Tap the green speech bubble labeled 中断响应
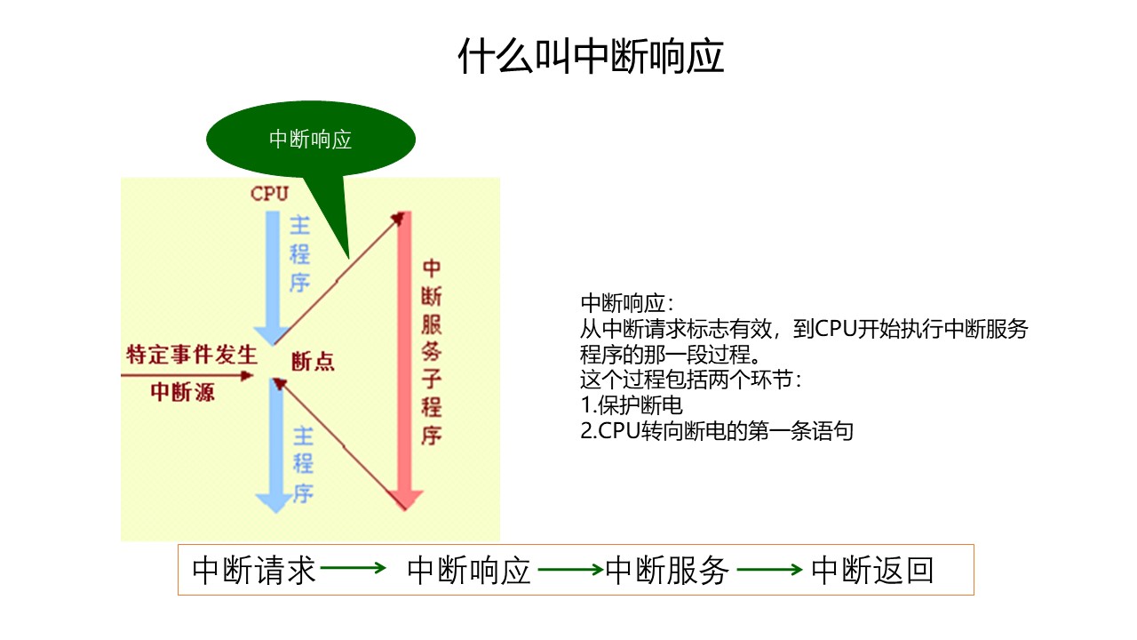click(310, 140)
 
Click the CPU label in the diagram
click(269, 194)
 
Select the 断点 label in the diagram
click(314, 362)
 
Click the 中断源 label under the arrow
click(182, 392)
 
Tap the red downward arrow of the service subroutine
click(406, 356)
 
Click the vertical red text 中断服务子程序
click(432, 352)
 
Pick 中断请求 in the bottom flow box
click(254, 570)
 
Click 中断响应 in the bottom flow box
click(469, 570)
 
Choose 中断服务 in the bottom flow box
click(667, 570)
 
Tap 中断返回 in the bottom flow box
click(873, 570)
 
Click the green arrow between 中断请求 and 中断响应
click(354, 569)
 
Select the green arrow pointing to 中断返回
click(770, 569)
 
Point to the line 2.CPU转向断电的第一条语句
click(716, 432)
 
